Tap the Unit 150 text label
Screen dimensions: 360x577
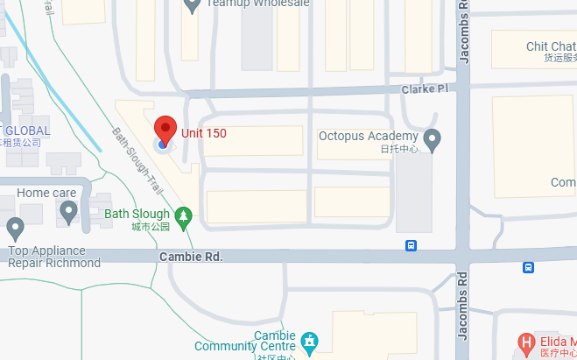204,133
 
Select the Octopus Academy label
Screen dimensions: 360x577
367,136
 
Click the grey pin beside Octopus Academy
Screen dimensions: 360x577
433,138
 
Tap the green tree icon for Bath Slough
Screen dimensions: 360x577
184,215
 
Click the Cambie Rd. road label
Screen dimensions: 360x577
192,257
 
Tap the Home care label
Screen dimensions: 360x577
46,193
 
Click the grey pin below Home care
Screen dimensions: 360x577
68,210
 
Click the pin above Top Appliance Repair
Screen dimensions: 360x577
15,229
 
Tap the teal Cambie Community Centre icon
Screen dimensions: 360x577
308,340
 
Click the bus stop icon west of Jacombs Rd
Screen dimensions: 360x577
411,245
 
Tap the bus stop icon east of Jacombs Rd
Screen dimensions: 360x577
528,267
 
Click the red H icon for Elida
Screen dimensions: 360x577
526,342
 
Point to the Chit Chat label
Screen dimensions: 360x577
550,46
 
